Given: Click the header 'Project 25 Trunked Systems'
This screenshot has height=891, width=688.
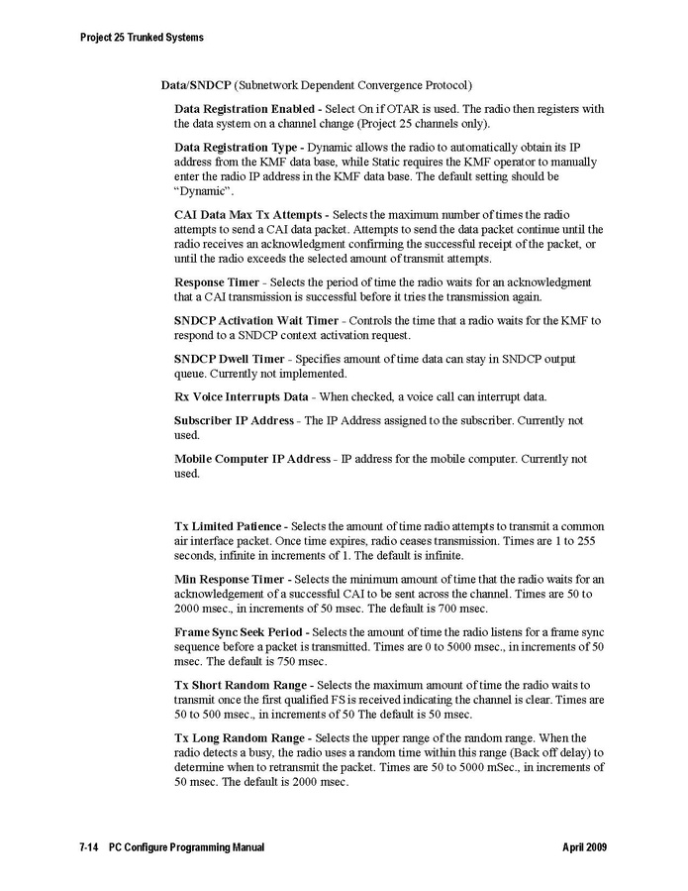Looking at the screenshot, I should pyautogui.click(x=142, y=38).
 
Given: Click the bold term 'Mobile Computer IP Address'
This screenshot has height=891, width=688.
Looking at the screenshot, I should pyautogui.click(x=252, y=459).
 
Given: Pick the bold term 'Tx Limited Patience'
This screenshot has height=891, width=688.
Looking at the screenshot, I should pyautogui.click(x=229, y=525).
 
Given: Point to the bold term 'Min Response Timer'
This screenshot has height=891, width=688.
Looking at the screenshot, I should pyautogui.click(x=226, y=578).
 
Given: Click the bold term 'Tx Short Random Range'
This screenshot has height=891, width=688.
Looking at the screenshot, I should pyautogui.click(x=241, y=685).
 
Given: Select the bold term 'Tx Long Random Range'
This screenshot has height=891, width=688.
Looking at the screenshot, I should pyautogui.click(x=240, y=738).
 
